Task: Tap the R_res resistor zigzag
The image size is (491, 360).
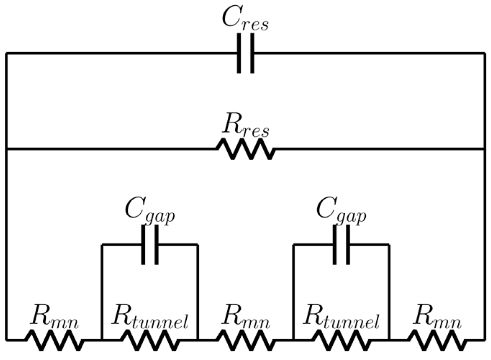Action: [x=246, y=149]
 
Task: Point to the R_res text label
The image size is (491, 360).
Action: [x=246, y=126]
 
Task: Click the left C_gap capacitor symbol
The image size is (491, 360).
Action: [x=150, y=245]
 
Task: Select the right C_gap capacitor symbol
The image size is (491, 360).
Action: [x=341, y=245]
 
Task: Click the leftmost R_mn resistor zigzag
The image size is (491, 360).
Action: [x=54, y=340]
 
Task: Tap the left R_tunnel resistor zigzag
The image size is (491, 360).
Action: [x=150, y=340]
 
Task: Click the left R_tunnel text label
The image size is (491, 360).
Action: [x=150, y=317]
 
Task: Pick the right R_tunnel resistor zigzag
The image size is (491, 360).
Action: [x=341, y=340]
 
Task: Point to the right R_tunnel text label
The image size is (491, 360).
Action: [x=341, y=317]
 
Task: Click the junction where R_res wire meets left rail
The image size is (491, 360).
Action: [x=6, y=149]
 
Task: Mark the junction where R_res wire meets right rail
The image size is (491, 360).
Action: [x=485, y=149]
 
